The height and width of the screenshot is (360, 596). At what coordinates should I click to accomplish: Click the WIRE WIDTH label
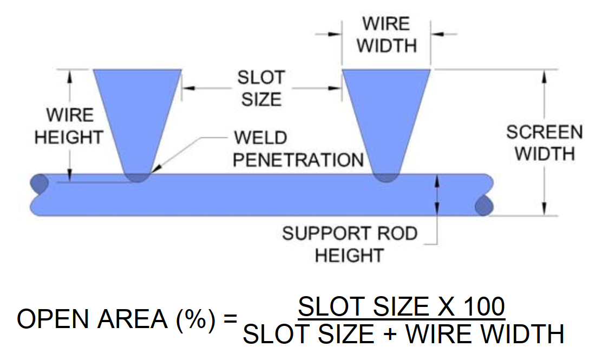[x=386, y=35]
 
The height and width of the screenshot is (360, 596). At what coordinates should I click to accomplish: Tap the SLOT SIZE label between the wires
[x=261, y=88]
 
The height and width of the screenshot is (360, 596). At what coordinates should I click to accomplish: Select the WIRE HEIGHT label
[x=69, y=126]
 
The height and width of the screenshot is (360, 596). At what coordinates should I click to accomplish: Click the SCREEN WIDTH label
[x=543, y=142]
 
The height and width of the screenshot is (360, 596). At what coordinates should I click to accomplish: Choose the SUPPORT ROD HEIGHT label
[x=349, y=244]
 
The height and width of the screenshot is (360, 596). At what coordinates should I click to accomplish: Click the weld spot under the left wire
[x=137, y=176]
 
